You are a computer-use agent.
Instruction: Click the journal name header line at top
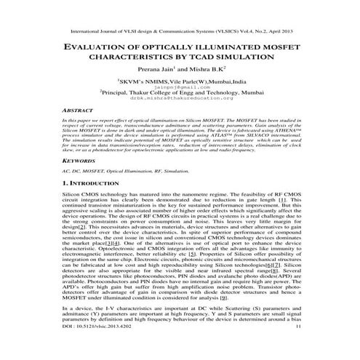(180, 33)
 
